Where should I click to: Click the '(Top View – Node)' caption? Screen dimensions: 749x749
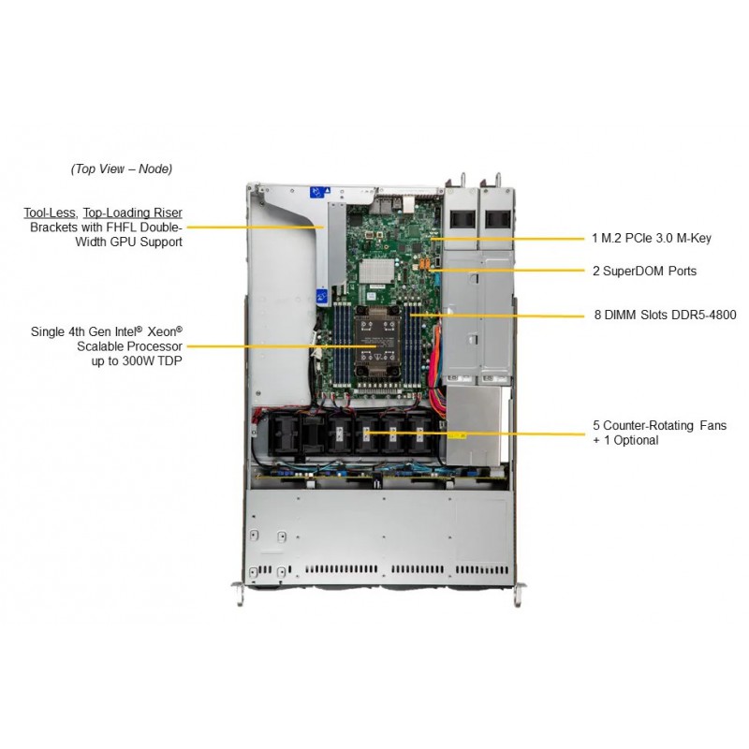(122, 169)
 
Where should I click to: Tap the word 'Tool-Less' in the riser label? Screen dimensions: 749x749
(50, 213)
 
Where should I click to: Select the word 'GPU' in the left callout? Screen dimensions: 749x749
(124, 242)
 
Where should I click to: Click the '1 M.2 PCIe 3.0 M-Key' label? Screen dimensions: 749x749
(651, 238)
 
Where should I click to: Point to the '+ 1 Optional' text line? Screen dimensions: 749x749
(625, 440)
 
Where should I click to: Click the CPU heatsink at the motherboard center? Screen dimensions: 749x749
(377, 342)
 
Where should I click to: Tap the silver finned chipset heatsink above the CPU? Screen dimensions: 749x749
(376, 271)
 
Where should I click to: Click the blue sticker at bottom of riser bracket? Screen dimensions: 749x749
(322, 297)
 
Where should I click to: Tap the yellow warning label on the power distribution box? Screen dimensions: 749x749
(457, 435)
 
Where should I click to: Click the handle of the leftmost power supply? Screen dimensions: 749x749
(463, 180)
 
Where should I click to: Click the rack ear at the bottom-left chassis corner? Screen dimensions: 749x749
(239, 594)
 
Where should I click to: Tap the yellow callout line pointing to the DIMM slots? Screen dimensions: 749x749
(497, 316)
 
